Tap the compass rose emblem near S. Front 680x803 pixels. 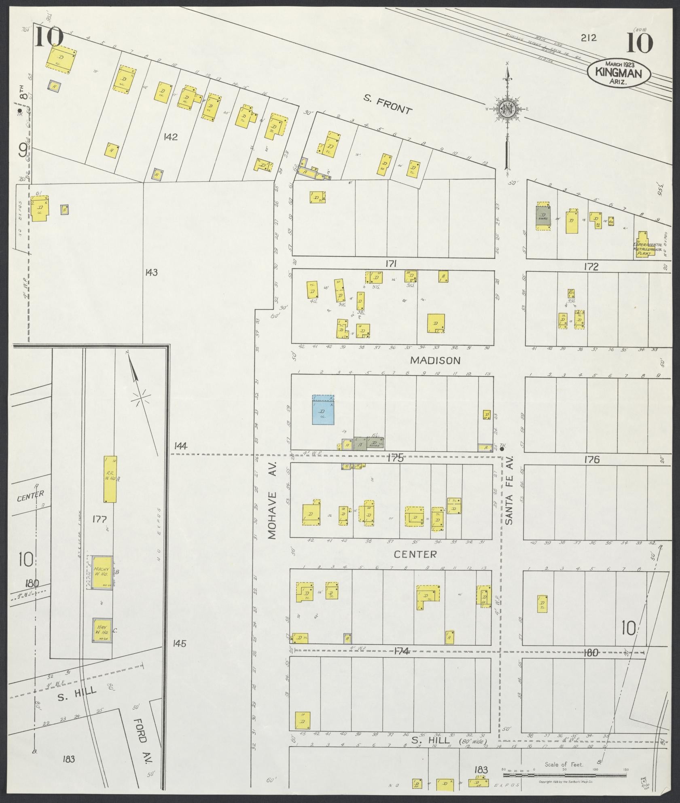point(506,109)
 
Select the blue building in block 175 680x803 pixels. point(323,410)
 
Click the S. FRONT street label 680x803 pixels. point(387,105)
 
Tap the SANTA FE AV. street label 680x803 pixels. point(509,490)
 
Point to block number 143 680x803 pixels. point(151,273)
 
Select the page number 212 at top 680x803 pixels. point(589,38)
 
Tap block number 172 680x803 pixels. point(591,266)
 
